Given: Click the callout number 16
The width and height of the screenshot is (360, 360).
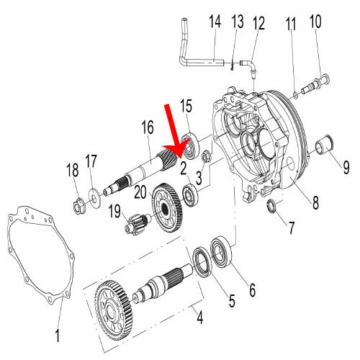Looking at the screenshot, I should pos(148,128).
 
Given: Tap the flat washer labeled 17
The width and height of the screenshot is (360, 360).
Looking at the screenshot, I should pos(95,193).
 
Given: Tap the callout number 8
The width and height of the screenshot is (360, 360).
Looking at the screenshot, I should pos(315,204).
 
